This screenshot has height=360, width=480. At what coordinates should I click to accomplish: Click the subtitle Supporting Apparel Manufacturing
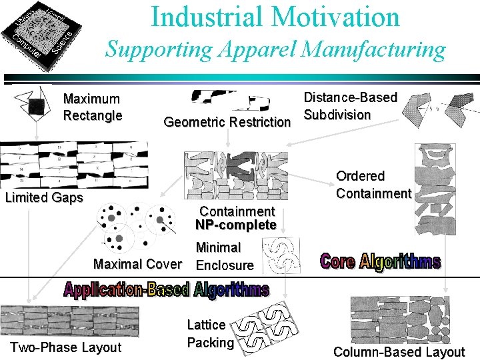pyautogui.click(x=276, y=49)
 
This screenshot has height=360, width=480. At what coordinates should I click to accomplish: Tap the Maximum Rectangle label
pyautogui.click(x=92, y=107)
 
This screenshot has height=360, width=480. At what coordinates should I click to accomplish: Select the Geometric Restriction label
pyautogui.click(x=227, y=122)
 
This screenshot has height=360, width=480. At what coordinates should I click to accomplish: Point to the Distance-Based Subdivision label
pyautogui.click(x=350, y=106)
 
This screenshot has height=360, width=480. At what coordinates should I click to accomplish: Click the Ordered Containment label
pyautogui.click(x=373, y=185)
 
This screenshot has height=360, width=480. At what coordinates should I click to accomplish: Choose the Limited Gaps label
pyautogui.click(x=44, y=197)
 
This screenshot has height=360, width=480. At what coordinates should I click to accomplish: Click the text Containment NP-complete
pyautogui.click(x=236, y=218)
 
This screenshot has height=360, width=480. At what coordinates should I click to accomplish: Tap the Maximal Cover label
pyautogui.click(x=137, y=264)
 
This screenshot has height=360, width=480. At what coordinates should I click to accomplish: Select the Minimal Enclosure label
pyautogui.click(x=224, y=256)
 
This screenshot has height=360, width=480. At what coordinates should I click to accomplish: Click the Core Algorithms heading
pyautogui.click(x=380, y=261)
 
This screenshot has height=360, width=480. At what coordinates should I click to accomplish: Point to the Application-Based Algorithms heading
pyautogui.click(x=167, y=289)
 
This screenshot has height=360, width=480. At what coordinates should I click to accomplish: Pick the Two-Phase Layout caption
pyautogui.click(x=65, y=347)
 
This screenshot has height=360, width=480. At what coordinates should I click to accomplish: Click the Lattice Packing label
pyautogui.click(x=209, y=334)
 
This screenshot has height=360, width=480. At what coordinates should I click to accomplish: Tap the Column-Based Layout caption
pyautogui.click(x=399, y=352)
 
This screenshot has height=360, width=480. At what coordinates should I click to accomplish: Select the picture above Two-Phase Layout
pyautogui.click(x=70, y=320)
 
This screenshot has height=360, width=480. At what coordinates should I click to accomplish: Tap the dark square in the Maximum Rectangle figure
pyautogui.click(x=37, y=107)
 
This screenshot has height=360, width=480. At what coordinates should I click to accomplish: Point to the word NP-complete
pyautogui.click(x=236, y=225)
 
